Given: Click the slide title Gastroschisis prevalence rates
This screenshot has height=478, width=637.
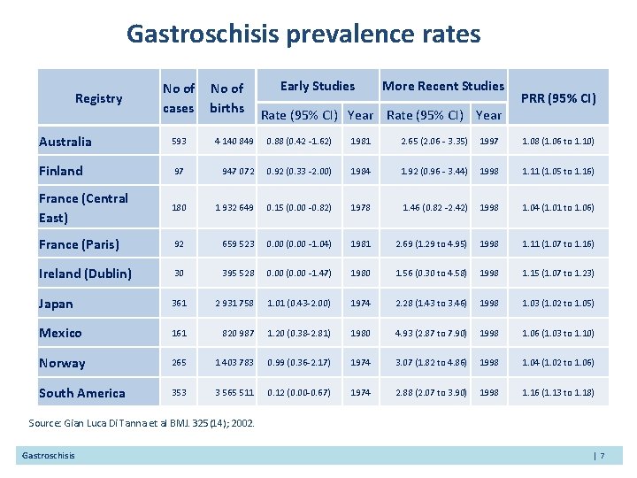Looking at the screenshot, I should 303,35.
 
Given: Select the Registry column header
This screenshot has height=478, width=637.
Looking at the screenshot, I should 98,98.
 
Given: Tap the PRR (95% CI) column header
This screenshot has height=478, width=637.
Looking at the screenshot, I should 558,98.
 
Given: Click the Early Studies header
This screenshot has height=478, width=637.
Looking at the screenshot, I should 317,86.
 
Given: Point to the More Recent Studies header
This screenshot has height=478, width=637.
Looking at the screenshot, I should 442,86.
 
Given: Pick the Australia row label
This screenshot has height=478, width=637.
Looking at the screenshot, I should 65,142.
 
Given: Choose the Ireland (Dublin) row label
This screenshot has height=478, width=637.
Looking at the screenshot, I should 85,274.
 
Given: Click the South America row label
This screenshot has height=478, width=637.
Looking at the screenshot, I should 81,392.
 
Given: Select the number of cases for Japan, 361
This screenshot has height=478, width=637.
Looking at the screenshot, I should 179,304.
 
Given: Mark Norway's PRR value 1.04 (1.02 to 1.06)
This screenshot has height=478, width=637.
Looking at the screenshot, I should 558,363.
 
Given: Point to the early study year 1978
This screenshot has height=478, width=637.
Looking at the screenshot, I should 360,207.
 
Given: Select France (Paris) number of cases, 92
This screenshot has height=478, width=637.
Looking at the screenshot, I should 179,244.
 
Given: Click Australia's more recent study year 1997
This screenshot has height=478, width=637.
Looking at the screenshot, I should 488,142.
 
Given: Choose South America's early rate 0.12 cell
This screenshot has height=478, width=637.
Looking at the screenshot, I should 299,392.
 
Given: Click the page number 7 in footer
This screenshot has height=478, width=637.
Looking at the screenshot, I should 599,455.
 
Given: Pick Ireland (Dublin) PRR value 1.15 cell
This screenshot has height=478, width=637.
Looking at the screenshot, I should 558,274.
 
